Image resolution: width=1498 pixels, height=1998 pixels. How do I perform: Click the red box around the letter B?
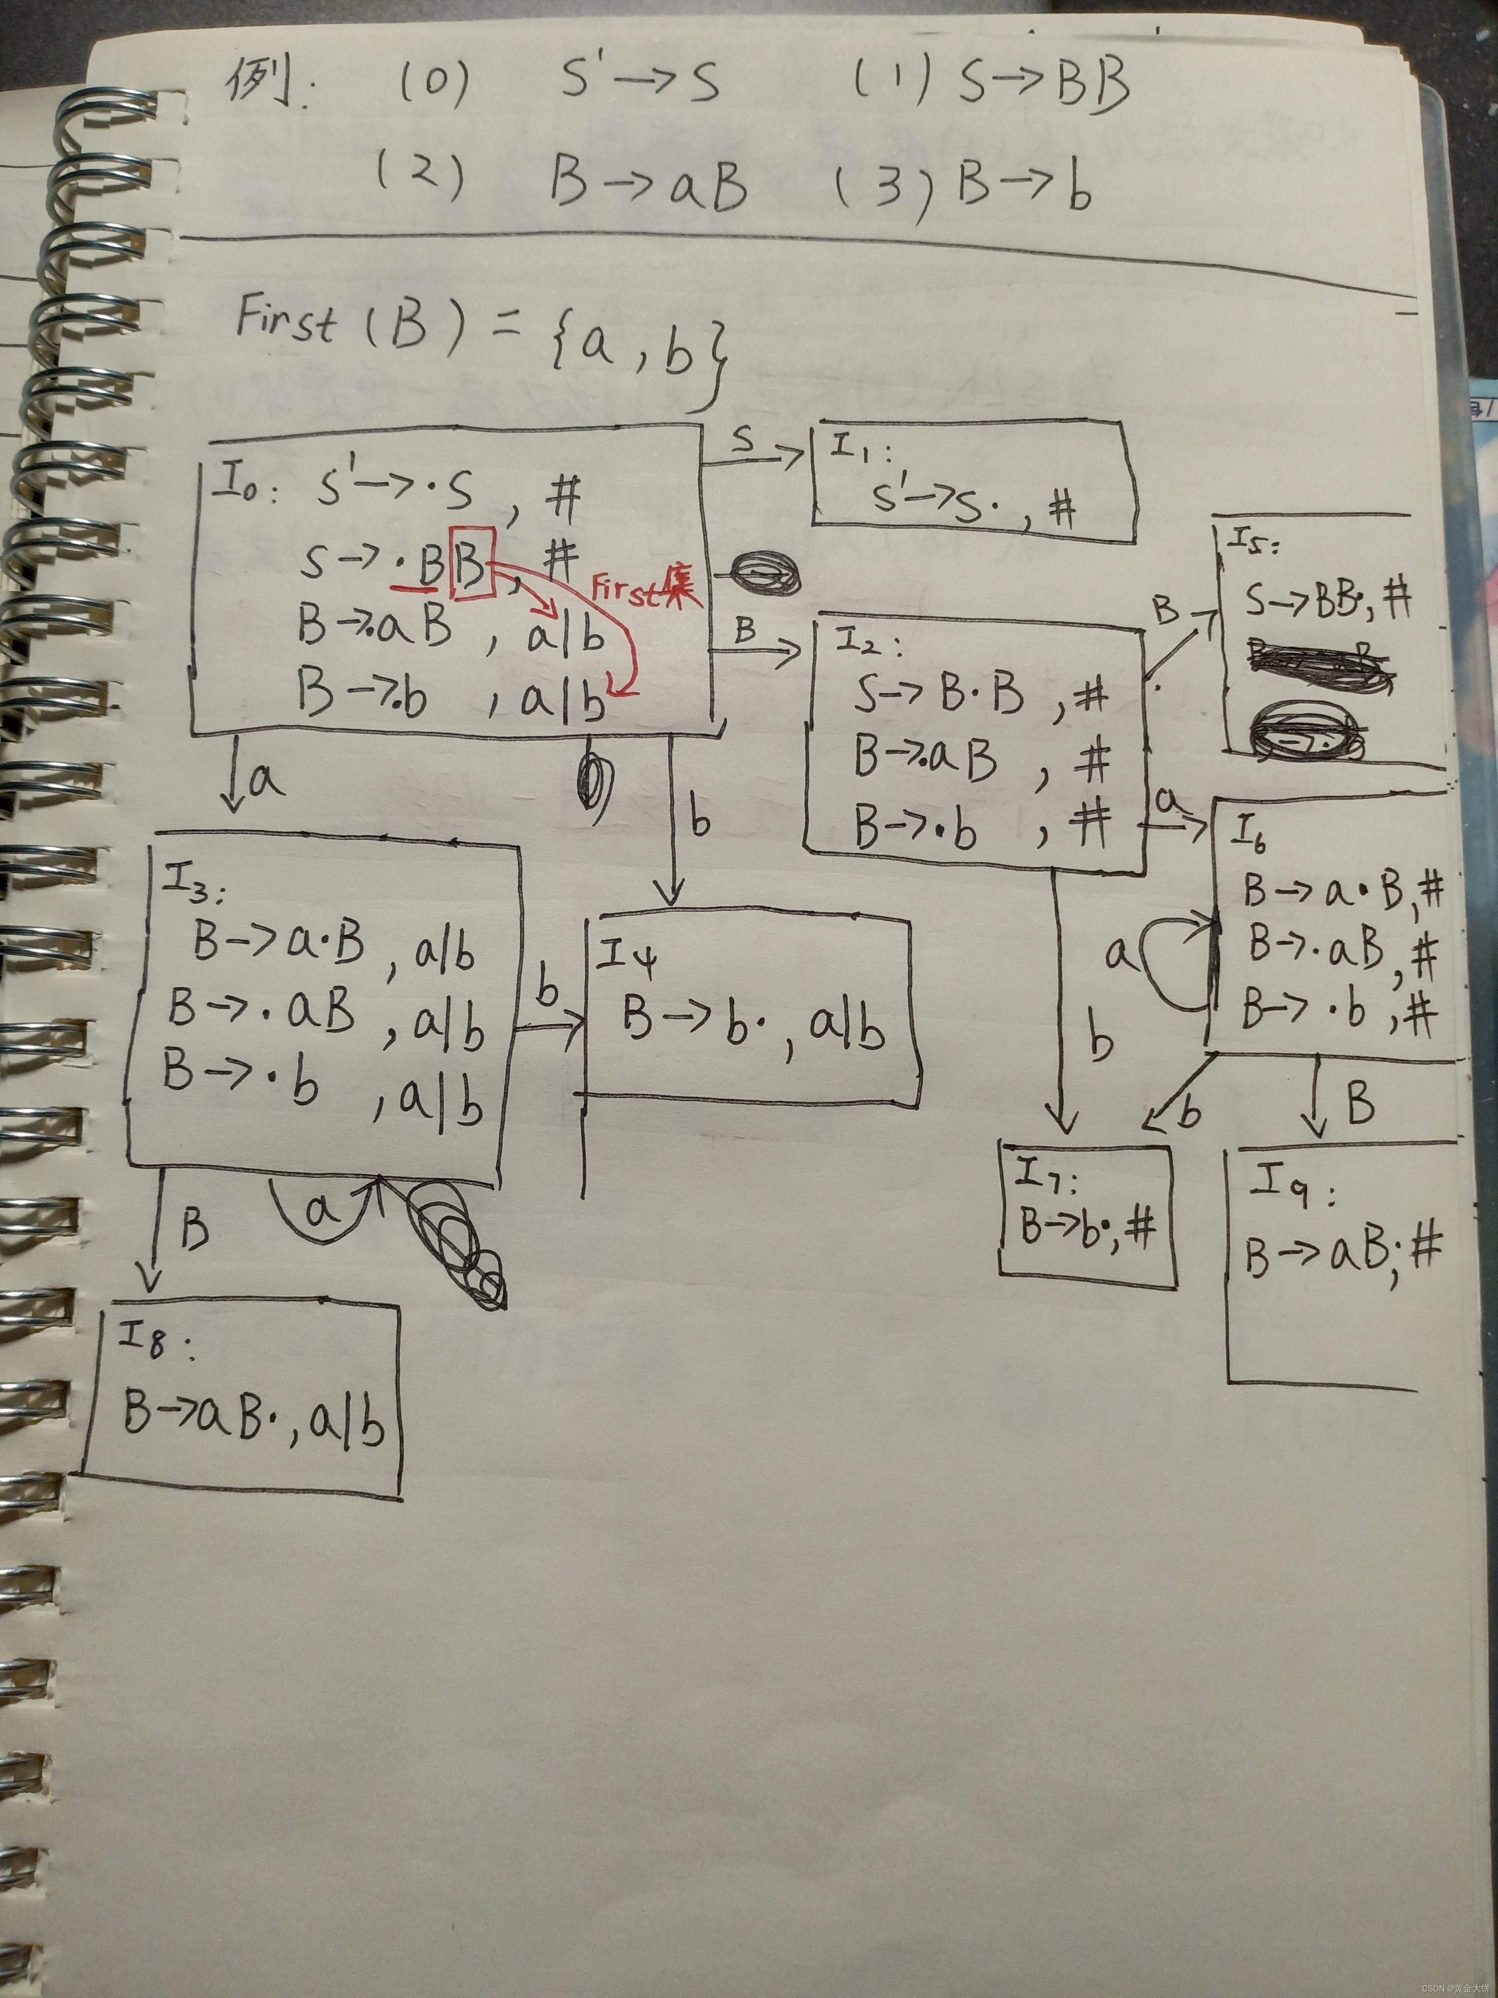pyautogui.click(x=472, y=563)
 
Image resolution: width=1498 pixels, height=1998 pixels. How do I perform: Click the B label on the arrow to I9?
pyautogui.click(x=1360, y=1102)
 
